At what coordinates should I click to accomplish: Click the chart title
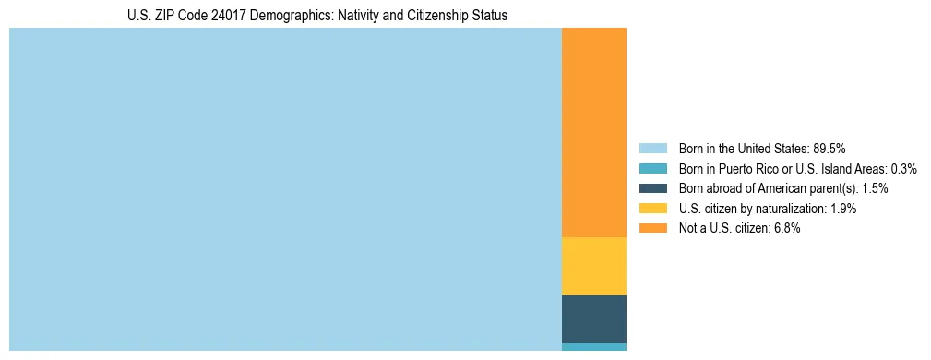click(x=317, y=16)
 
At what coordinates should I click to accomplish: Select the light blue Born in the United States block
click(x=285, y=189)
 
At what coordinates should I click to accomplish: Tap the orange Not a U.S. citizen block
click(x=594, y=132)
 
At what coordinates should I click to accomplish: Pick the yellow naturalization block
click(x=594, y=266)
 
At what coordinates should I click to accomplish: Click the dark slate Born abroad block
click(x=594, y=319)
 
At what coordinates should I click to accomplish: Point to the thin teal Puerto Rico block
click(x=594, y=347)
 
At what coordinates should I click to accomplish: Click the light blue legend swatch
click(x=652, y=148)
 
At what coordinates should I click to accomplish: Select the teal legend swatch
click(x=652, y=168)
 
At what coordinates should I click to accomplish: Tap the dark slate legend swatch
click(x=652, y=188)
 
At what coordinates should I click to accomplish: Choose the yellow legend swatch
click(x=652, y=209)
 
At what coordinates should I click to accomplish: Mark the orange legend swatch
click(x=652, y=229)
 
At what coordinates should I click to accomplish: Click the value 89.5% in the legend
click(x=830, y=148)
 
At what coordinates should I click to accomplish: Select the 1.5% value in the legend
click(x=876, y=188)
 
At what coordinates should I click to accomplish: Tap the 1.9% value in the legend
click(x=843, y=209)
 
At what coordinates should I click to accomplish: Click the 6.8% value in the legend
click(x=787, y=229)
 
